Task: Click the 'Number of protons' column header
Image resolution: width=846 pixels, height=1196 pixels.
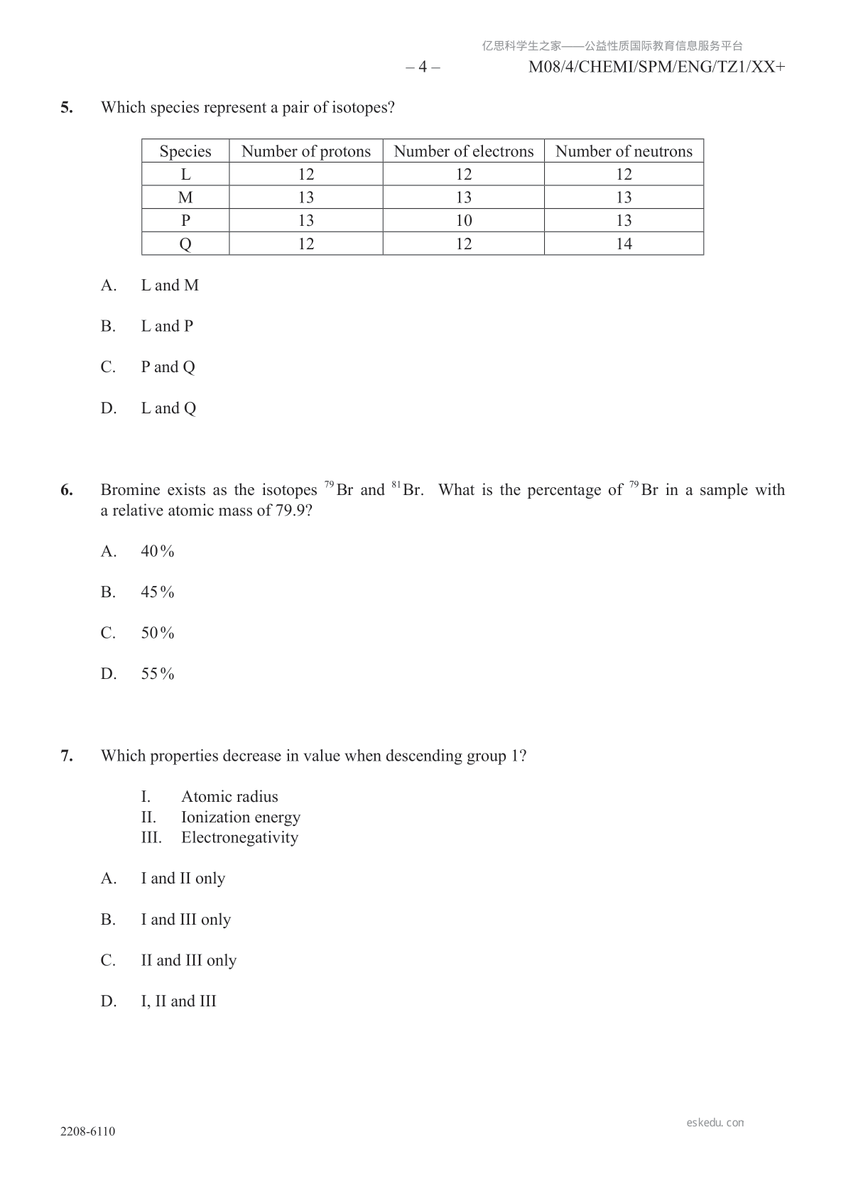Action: [305, 151]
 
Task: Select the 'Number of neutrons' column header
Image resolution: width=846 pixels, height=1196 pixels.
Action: [623, 151]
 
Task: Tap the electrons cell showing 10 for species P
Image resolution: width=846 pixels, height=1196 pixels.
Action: [463, 220]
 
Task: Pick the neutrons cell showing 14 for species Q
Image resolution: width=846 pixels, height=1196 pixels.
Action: [623, 244]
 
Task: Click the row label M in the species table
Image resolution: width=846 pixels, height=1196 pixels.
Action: [185, 197]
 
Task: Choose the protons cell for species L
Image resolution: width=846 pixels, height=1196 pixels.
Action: [305, 174]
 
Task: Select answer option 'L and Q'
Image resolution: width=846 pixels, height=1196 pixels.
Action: [168, 408]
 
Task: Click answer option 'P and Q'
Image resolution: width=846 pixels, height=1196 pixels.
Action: [168, 367]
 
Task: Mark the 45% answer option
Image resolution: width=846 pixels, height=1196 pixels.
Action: [157, 592]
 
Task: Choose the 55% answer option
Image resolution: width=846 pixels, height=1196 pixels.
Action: [157, 674]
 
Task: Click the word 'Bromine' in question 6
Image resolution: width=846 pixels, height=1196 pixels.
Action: [130, 490]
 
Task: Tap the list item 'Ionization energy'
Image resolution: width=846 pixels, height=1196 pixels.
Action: [240, 817]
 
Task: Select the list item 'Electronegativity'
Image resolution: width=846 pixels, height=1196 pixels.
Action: [239, 838]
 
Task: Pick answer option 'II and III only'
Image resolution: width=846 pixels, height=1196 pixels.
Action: [188, 961]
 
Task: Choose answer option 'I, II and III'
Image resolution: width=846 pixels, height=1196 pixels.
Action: [178, 1001]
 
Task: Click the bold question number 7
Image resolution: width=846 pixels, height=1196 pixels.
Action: [67, 756]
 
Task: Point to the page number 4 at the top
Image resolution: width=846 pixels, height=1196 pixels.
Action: [423, 67]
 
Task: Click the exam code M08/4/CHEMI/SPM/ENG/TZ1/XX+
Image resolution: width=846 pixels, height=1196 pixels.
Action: [657, 67]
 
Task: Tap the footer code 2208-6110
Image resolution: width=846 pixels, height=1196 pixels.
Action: [87, 1131]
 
